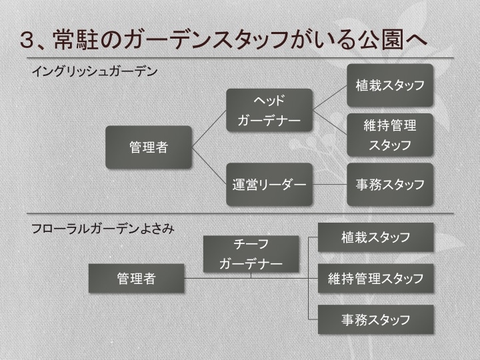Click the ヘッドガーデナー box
(x=269, y=110)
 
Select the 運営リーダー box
(x=269, y=184)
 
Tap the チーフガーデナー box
(x=251, y=254)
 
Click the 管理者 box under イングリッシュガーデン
(x=149, y=147)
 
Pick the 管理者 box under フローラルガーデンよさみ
(x=136, y=278)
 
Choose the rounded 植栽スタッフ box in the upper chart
(x=390, y=85)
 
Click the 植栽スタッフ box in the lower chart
(x=375, y=237)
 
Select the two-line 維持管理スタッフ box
(x=390, y=135)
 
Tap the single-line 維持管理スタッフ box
(x=375, y=278)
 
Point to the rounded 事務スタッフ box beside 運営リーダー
(x=390, y=184)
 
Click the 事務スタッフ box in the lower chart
(x=375, y=319)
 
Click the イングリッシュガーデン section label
(x=95, y=71)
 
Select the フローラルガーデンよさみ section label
(x=103, y=229)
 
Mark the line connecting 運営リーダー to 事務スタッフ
(x=330, y=184)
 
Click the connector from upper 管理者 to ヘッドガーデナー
(x=209, y=129)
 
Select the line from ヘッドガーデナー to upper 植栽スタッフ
(x=330, y=97)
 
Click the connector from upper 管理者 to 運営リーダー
(x=209, y=166)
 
